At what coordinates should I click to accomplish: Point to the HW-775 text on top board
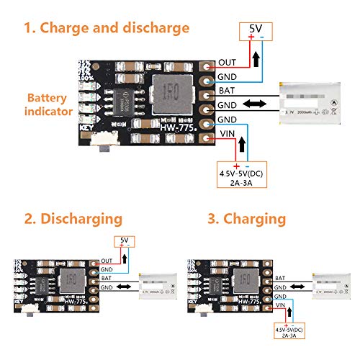[175, 127]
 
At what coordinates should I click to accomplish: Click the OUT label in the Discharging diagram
[107, 261]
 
